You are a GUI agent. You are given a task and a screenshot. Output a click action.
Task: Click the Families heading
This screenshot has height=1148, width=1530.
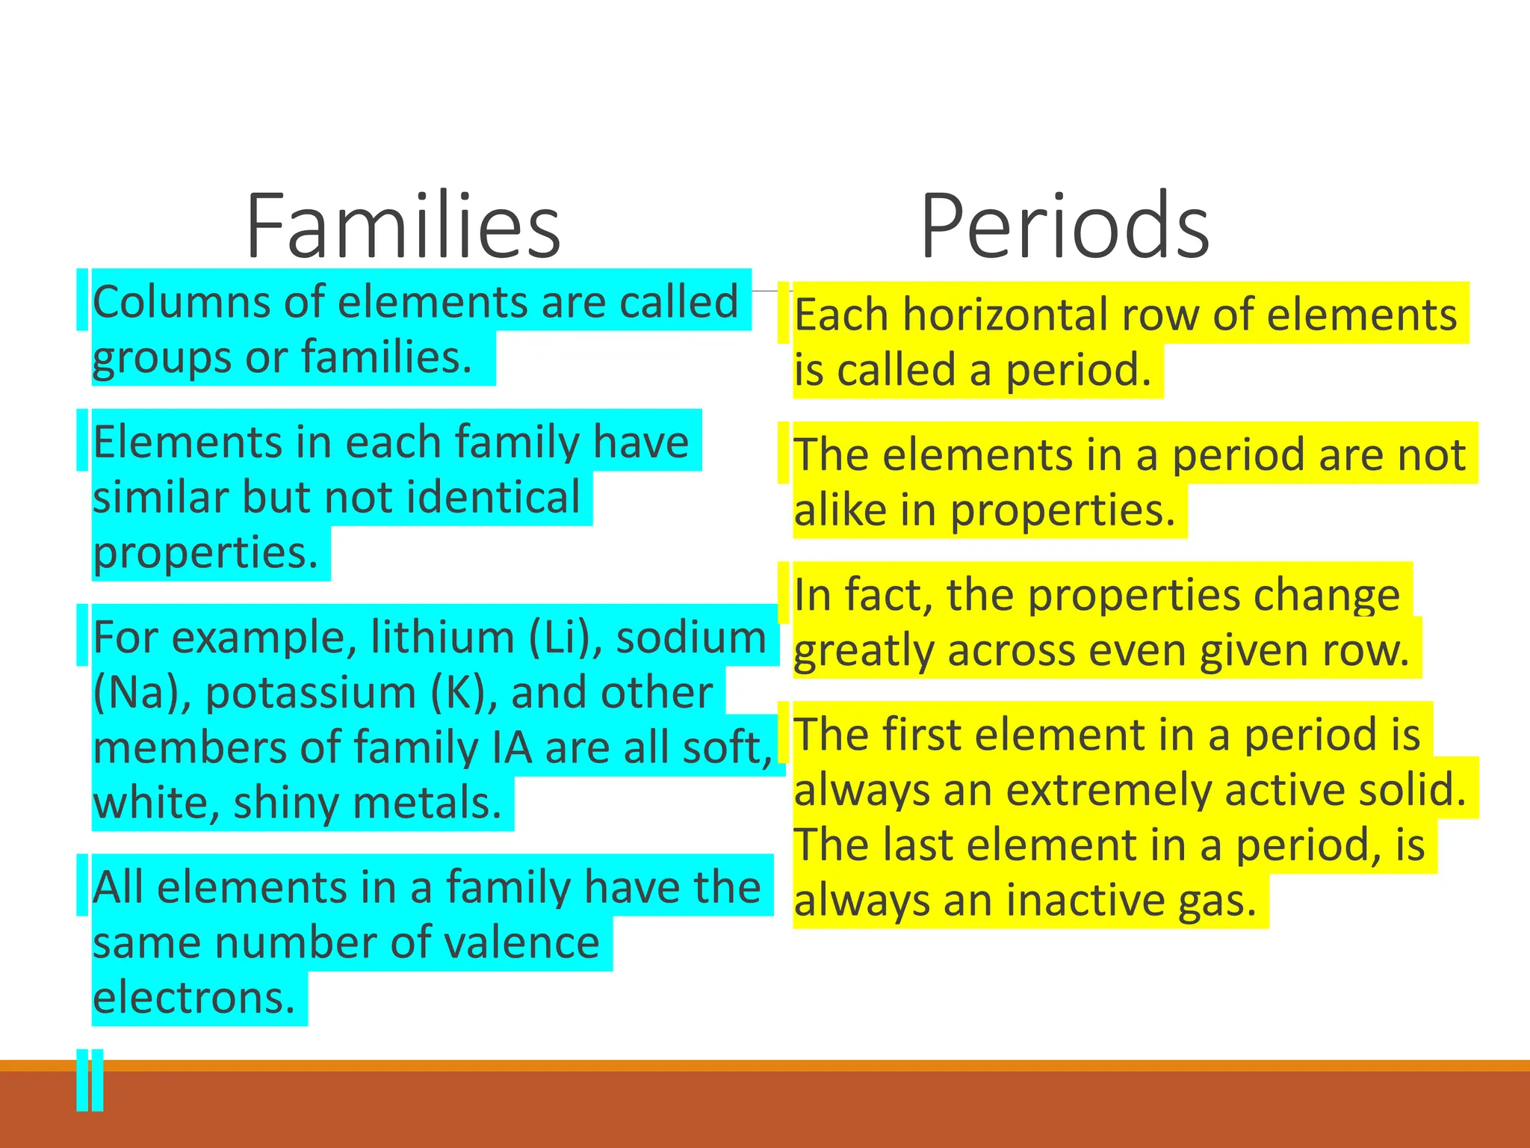(403, 226)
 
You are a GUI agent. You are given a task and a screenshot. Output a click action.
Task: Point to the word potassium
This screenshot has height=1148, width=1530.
(310, 693)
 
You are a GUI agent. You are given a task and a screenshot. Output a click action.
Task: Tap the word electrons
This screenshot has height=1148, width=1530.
(194, 998)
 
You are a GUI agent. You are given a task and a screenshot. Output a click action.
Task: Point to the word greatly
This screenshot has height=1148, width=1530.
(862, 651)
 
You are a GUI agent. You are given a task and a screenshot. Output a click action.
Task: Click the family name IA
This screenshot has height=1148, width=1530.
(512, 747)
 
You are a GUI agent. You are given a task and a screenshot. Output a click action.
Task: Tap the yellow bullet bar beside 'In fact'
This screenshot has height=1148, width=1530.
(783, 593)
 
